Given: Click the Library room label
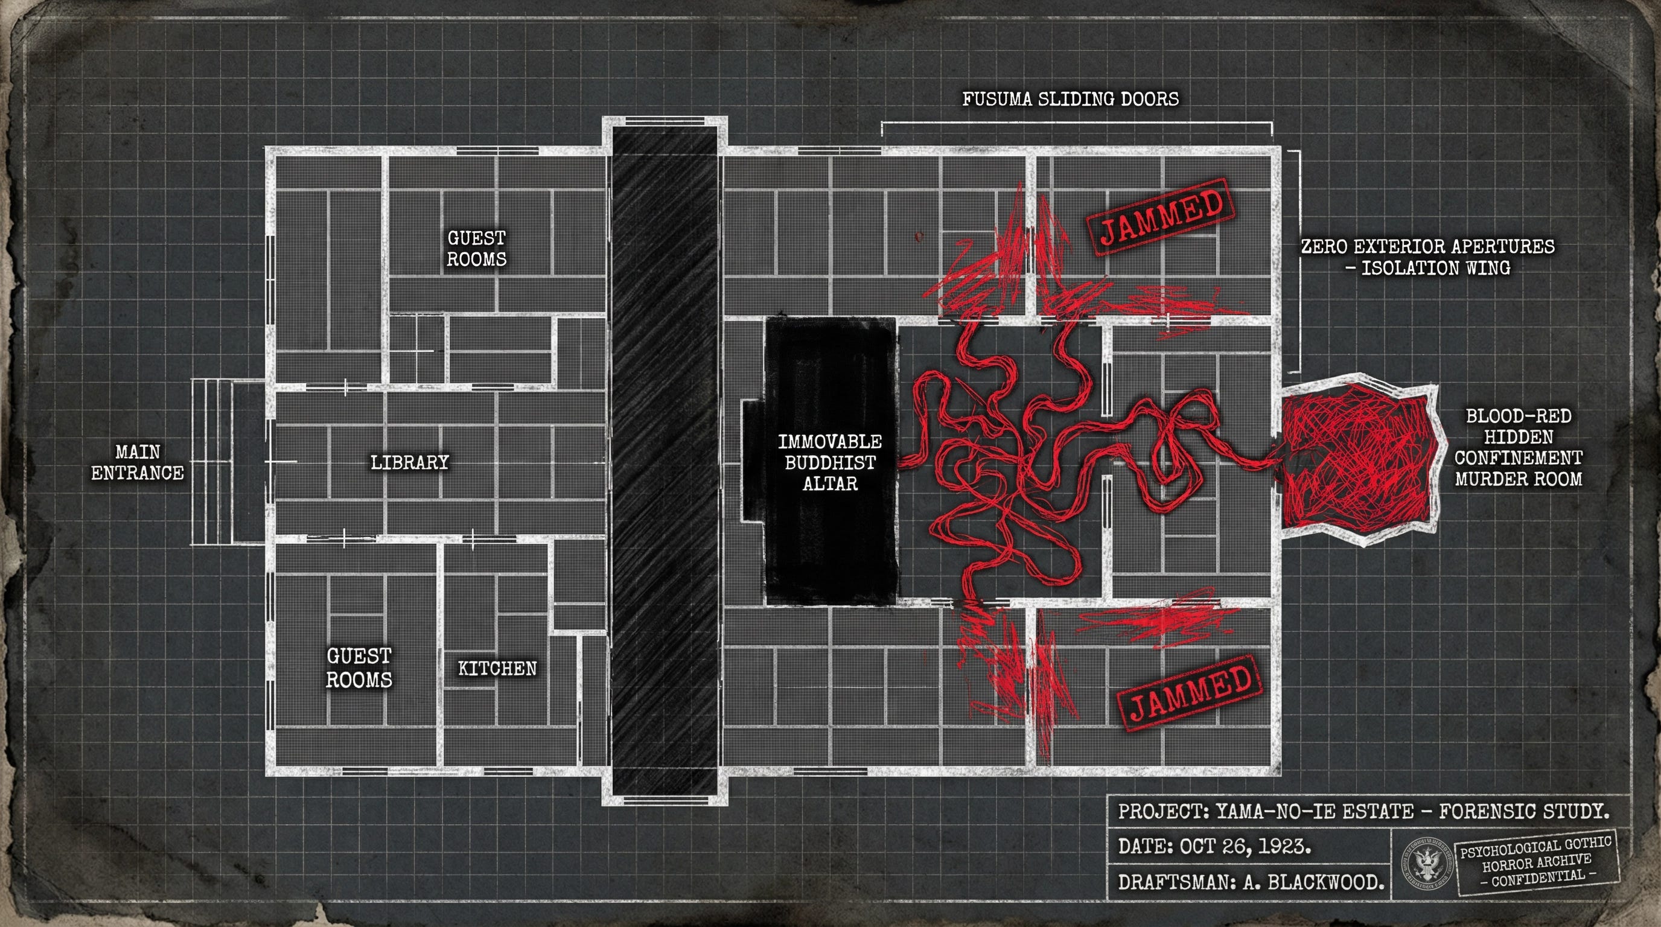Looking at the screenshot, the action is tap(409, 462).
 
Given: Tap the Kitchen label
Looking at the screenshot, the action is tap(497, 668).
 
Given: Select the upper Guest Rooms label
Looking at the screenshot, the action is tap(476, 248).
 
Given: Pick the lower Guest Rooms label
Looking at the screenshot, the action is tap(359, 668).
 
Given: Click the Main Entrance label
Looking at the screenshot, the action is tap(138, 462).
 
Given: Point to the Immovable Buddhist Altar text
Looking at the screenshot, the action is tap(830, 462).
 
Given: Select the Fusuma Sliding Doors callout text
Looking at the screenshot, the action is tap(1070, 98).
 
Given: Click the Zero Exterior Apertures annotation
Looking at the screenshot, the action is tap(1427, 256).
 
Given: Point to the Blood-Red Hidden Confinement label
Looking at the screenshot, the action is tap(1519, 447).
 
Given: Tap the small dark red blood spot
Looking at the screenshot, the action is tap(918, 237).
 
